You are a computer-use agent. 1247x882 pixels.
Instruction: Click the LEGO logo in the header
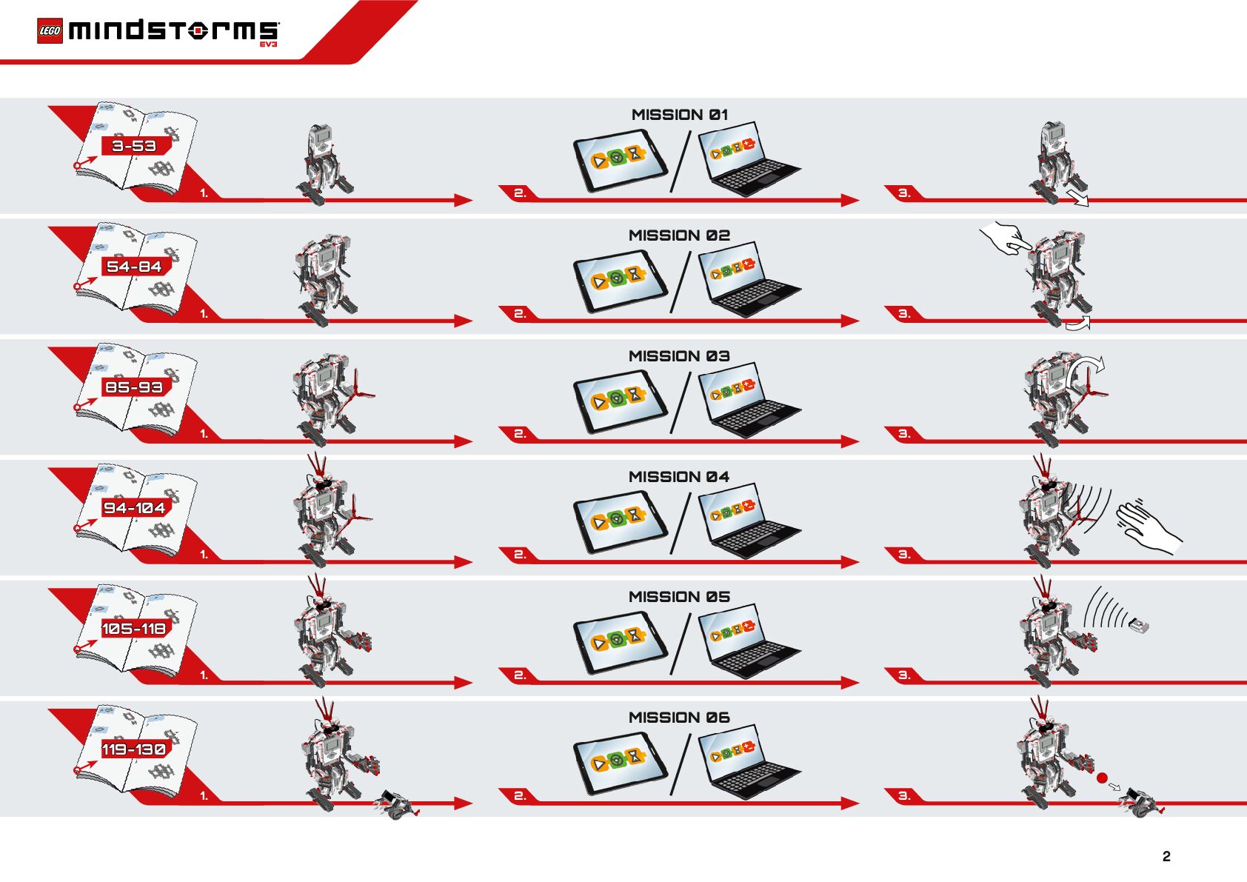pos(50,31)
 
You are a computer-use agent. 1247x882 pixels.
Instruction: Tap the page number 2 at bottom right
pos(1166,856)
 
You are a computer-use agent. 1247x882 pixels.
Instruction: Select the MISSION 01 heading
pos(679,115)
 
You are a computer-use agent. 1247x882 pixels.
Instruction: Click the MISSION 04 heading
pos(679,477)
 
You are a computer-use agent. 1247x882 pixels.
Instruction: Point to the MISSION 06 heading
pos(679,718)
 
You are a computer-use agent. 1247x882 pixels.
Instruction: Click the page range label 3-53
pos(134,146)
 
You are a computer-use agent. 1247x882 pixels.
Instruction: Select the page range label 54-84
pos(134,267)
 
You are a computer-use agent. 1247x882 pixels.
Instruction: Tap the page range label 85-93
pos(134,387)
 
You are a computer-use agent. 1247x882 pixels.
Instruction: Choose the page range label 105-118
pos(134,629)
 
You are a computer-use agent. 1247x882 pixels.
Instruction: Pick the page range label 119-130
pos(134,749)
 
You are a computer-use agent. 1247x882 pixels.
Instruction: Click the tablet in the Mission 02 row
pos(619,281)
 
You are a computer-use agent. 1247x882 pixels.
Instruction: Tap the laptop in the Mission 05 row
pos(748,640)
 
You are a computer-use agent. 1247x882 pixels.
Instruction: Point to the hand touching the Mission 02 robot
pos(1004,238)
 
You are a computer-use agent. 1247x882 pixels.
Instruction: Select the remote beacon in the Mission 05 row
pos(1140,626)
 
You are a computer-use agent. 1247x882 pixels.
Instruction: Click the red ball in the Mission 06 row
pos(1102,778)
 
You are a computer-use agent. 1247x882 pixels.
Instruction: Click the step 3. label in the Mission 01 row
pos(903,193)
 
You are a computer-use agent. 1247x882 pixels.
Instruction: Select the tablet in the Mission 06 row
pos(619,764)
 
